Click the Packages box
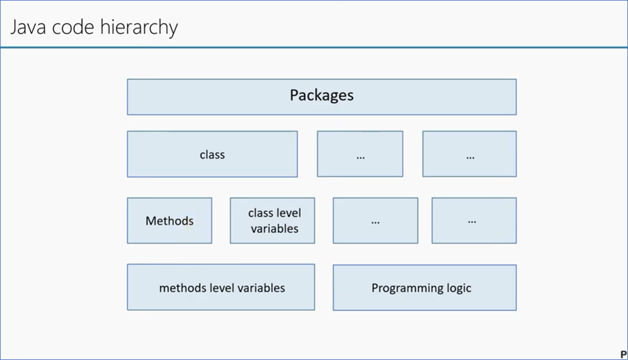click(x=322, y=97)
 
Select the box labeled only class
click(x=212, y=154)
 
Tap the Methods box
click(x=170, y=221)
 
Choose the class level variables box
click(x=273, y=221)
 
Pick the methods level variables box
click(x=221, y=288)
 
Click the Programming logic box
click(x=424, y=288)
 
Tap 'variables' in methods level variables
click(x=261, y=288)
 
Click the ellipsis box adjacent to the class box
click(x=360, y=154)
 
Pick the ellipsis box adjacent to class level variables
click(x=375, y=221)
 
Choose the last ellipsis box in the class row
click(x=470, y=154)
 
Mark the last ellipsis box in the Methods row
click(x=474, y=221)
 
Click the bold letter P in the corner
click(x=623, y=354)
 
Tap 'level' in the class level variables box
click(x=288, y=213)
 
